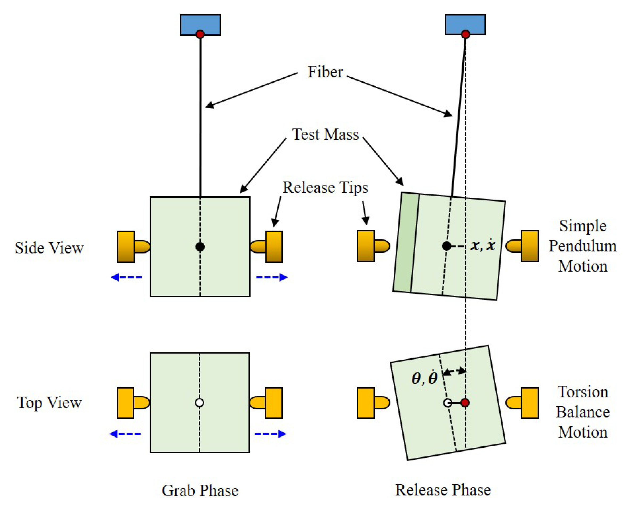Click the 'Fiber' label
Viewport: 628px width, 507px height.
pos(325,72)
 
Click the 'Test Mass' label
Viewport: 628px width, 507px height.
pos(325,135)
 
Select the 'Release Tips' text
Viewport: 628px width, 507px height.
pos(325,188)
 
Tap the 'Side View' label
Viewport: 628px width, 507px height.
pos(49,248)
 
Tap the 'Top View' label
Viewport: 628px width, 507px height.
pos(49,403)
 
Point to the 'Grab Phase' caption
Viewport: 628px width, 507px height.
pos(200,491)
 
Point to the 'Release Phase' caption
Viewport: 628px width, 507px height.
pos(443,490)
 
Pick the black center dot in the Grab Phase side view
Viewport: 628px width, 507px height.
pos(200,247)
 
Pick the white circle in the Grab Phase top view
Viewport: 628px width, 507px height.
pos(199,403)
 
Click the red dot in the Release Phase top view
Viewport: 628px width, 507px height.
pos(465,403)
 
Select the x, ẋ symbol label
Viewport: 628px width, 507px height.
pos(483,245)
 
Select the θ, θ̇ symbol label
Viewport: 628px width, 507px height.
pos(424,379)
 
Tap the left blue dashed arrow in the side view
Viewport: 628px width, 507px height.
pos(126,277)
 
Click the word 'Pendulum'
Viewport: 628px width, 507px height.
pos(583,246)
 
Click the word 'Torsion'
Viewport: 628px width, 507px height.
pos(583,392)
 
